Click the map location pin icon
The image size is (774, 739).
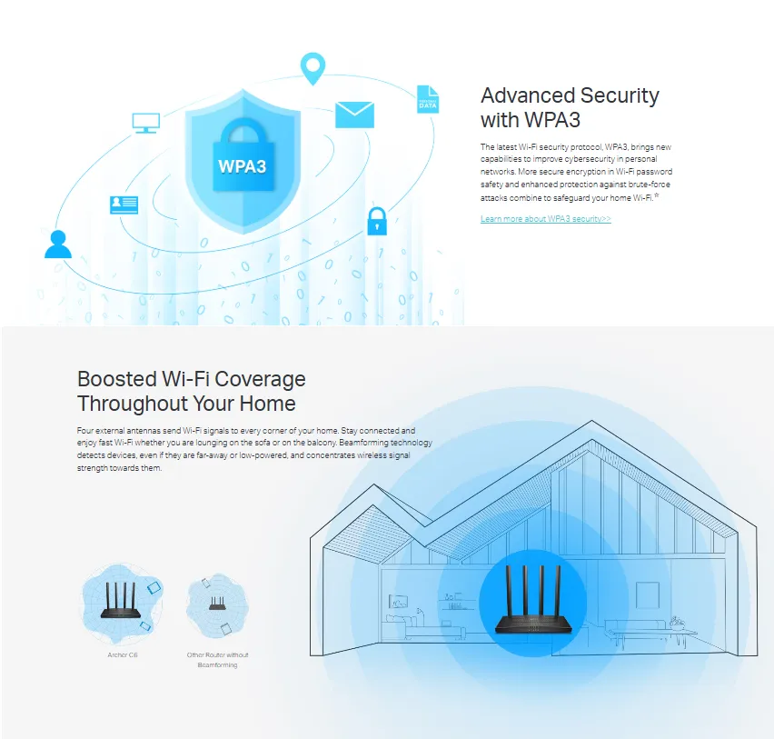313,68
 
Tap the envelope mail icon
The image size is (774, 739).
354,115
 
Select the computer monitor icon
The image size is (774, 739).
145,122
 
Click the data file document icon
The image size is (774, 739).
427,99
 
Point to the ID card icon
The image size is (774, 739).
124,205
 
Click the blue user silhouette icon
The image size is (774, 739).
58,245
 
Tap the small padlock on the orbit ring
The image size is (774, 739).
376,221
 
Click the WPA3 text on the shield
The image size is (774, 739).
243,167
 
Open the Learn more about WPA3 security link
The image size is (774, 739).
545,219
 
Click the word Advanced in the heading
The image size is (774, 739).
524,95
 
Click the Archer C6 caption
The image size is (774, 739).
122,654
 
